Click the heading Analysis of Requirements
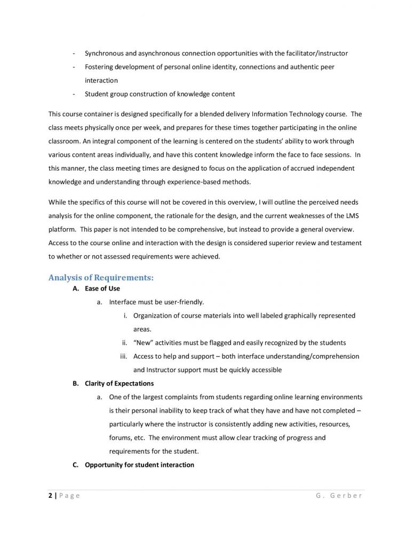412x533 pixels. tap(101, 278)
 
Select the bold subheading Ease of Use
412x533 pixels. tap(102, 289)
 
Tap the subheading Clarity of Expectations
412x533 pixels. tap(119, 384)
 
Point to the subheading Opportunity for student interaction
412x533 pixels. tap(139, 465)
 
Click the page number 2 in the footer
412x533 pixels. tap(50, 496)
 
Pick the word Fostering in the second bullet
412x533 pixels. tap(99, 67)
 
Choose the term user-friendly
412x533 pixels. tap(184, 302)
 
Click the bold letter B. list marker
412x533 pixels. tap(75, 384)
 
